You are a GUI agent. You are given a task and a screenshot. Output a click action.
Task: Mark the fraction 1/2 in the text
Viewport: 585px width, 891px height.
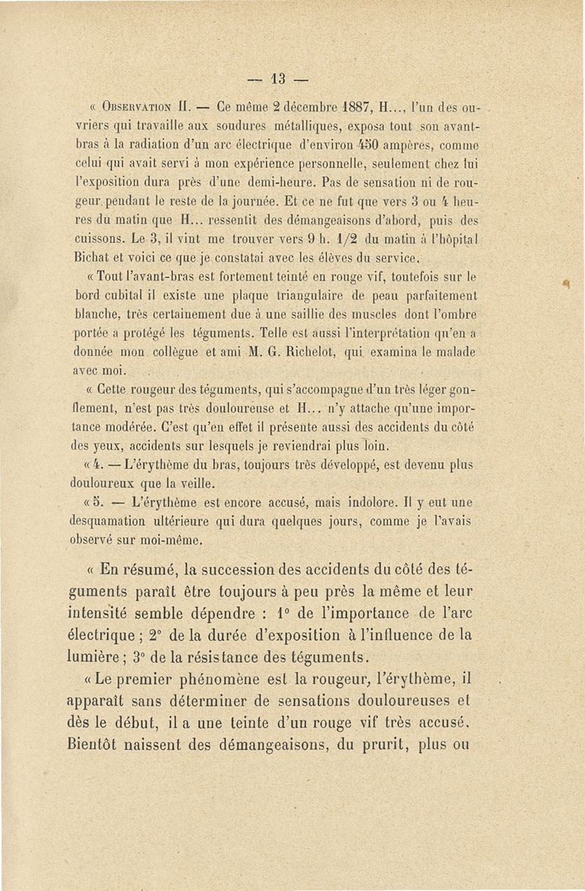(358, 238)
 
